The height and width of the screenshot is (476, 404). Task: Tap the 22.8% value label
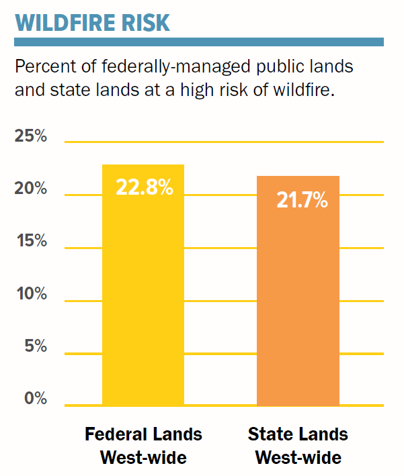click(x=145, y=187)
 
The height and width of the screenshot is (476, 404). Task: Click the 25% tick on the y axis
click(x=31, y=136)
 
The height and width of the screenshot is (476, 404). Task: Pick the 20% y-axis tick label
click(x=31, y=189)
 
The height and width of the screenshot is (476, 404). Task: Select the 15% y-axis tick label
click(x=31, y=241)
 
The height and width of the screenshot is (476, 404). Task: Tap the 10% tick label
click(x=31, y=293)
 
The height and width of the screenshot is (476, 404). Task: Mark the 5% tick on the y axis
click(x=34, y=346)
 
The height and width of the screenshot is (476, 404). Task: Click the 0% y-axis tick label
click(x=34, y=398)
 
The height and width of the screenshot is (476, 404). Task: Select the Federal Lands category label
click(x=143, y=434)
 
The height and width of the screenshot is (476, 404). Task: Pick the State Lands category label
click(x=298, y=434)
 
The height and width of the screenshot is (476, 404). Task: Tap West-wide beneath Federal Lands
click(x=143, y=459)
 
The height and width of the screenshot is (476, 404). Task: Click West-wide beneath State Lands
click(x=298, y=459)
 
